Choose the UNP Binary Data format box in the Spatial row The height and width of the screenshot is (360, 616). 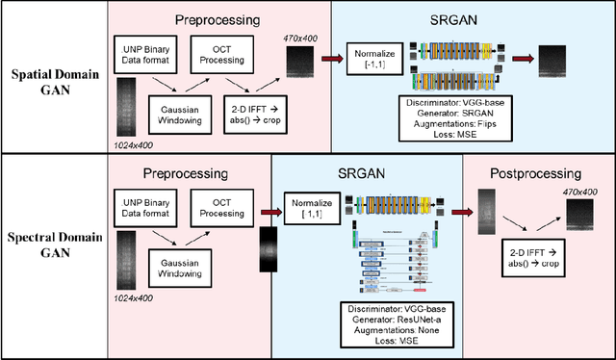pos(144,53)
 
